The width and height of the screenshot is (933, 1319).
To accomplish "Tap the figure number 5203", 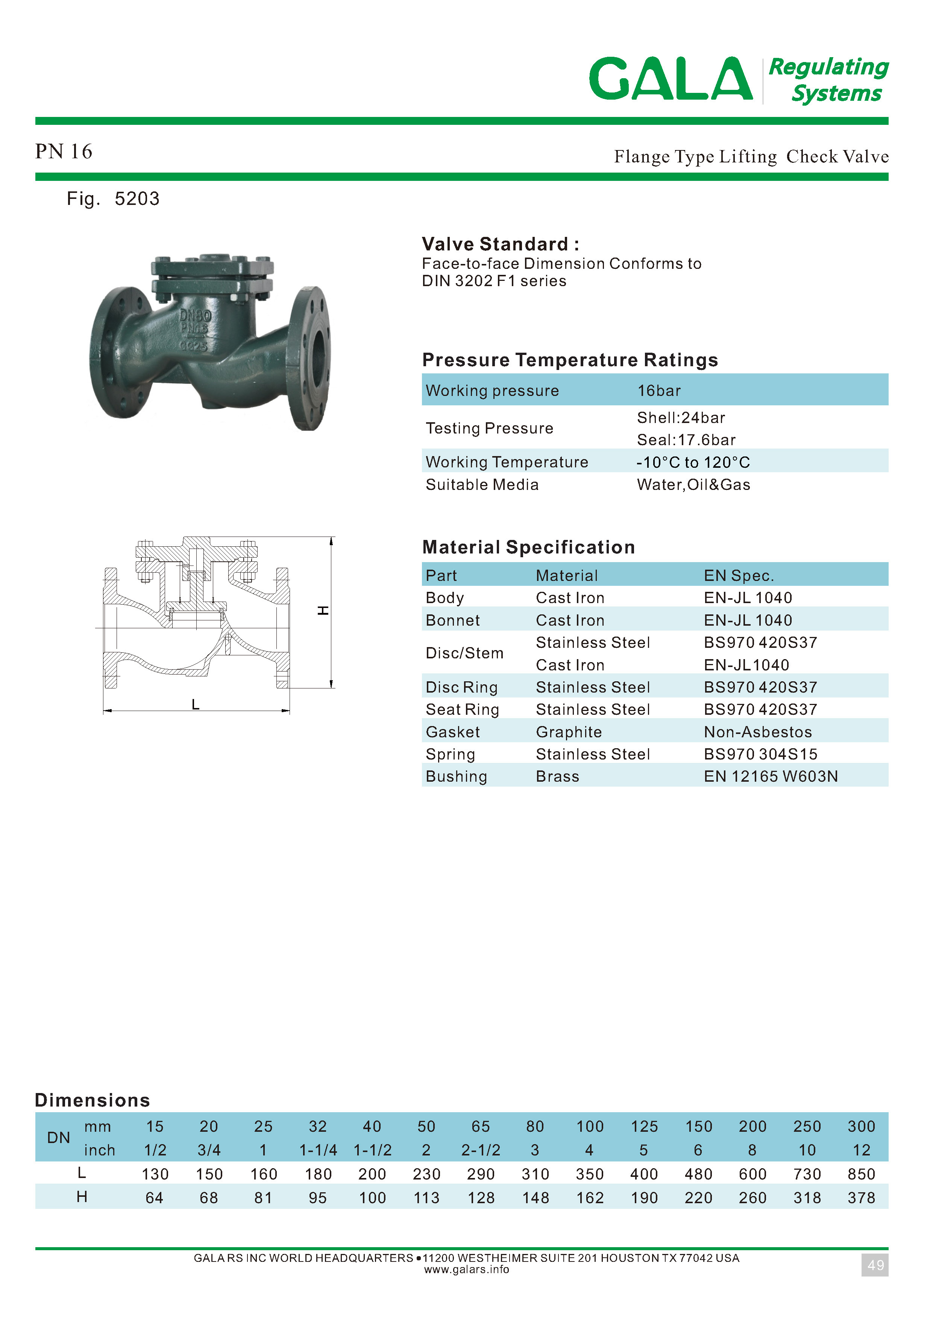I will (137, 199).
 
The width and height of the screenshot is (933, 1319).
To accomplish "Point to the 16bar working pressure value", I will (658, 391).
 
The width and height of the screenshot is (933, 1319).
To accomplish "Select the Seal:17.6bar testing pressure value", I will (686, 440).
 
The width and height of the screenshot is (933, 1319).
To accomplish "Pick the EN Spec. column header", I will (739, 576).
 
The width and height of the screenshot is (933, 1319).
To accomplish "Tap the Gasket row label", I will (453, 732).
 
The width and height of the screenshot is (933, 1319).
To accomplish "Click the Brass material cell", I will (557, 777).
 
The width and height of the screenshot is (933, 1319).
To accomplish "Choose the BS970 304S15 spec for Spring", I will (760, 754).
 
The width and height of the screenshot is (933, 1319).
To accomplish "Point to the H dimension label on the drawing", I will (323, 610).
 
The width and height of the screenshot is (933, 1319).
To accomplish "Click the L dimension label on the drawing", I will (195, 704).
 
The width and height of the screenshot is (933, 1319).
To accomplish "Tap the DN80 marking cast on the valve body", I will (195, 315).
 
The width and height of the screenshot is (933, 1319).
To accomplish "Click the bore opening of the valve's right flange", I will (318, 357).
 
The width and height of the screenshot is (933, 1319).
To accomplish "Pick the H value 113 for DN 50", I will (426, 1198).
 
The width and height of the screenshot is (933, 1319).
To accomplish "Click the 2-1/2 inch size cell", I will (481, 1150).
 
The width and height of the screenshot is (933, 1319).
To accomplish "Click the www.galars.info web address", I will (466, 1270).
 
